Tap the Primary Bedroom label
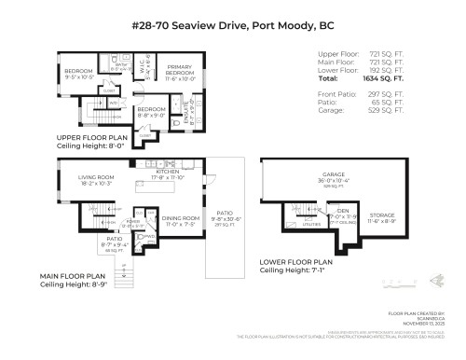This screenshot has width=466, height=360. (x=179, y=71)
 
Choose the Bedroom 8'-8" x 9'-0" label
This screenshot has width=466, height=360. (x=151, y=112)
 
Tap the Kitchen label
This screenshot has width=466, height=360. (x=167, y=173)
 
